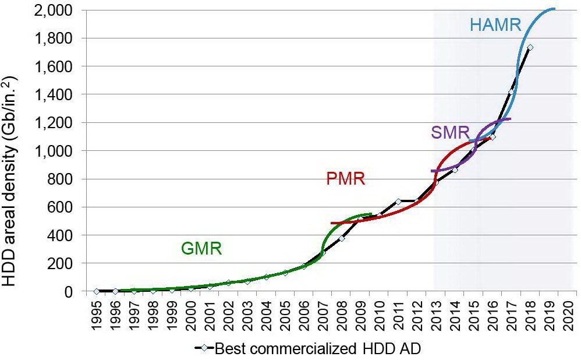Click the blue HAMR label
pos(495,25)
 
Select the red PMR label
pos(345,178)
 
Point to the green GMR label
pos(202,249)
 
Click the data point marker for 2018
pos(530,47)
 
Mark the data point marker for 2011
pos(398,202)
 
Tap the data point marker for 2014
pos(455,170)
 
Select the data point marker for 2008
pos(342,238)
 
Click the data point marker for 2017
pos(511,93)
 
